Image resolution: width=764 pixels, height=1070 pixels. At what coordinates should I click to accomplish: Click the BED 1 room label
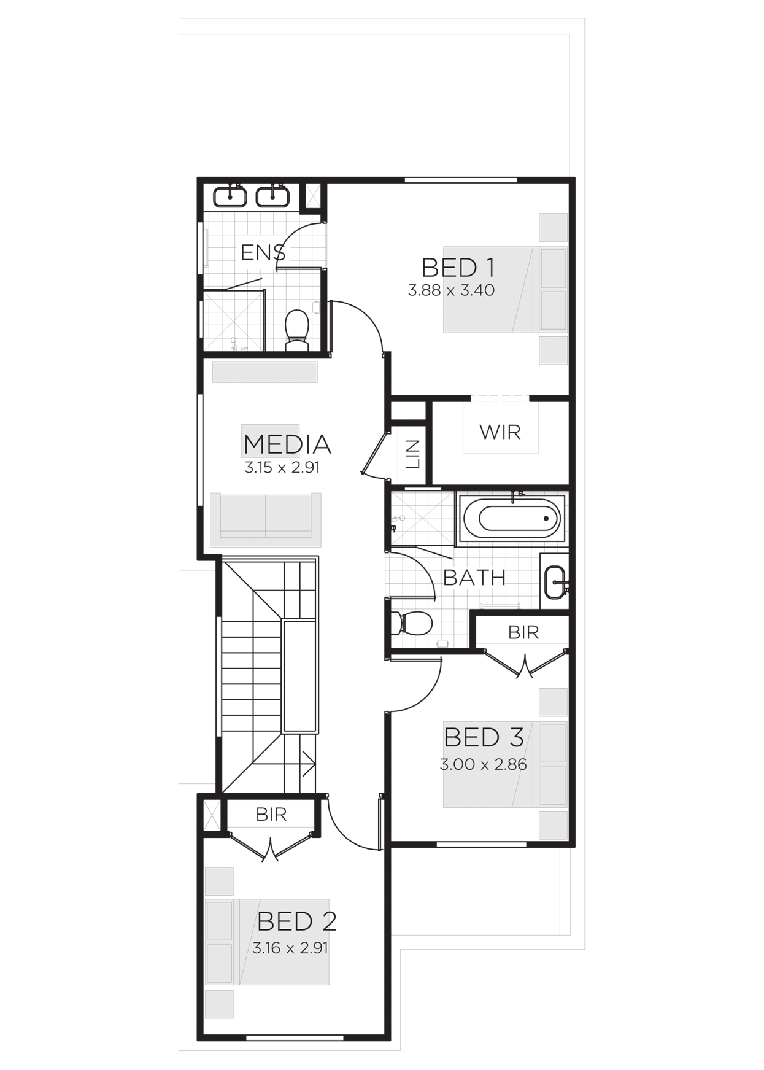458,268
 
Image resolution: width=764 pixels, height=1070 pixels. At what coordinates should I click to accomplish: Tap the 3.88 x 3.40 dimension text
451,290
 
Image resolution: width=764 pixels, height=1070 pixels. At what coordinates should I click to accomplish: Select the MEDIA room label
287,444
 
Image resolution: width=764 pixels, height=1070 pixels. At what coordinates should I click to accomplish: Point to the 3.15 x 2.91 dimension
282,468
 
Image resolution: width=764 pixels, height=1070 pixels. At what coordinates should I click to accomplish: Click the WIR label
500,432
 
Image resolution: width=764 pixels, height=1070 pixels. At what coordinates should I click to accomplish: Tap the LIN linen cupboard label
413,454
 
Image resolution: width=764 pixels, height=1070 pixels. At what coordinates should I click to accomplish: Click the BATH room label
474,578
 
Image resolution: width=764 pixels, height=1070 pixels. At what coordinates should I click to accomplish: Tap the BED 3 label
484,738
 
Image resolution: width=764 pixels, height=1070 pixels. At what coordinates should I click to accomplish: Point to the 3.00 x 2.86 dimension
484,765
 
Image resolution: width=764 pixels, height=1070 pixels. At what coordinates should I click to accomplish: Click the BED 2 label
297,921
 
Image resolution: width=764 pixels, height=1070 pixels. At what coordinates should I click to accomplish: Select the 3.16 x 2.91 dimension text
290,948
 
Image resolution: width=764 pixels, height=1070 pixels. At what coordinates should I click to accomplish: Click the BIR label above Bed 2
271,815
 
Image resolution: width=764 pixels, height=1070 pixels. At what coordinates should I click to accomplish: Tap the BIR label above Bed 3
523,632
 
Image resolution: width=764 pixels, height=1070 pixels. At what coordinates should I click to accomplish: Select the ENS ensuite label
263,252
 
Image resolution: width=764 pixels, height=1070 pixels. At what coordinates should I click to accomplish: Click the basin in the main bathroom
554,580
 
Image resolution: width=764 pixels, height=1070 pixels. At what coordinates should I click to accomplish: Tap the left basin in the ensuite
230,196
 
